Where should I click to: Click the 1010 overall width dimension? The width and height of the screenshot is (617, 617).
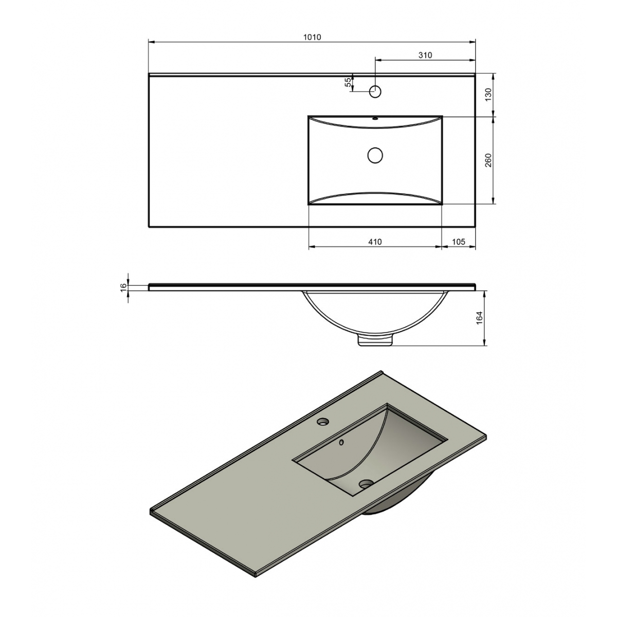tap(312, 37)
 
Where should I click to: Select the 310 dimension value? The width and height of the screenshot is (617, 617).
tap(425, 55)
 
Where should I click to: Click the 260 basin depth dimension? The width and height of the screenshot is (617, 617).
tap(488, 160)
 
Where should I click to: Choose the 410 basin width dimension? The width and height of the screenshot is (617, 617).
tap(375, 242)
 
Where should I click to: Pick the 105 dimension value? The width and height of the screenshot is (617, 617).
tap(459, 242)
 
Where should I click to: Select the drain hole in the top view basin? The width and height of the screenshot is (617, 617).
tap(375, 155)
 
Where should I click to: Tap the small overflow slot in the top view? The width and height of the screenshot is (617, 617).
tap(375, 118)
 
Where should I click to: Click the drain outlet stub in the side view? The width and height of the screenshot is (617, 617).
tap(375, 340)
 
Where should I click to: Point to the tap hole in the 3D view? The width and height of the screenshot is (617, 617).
tap(323, 422)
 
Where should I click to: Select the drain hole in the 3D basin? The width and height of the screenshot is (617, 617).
tap(366, 484)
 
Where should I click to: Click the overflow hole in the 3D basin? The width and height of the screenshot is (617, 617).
tap(341, 442)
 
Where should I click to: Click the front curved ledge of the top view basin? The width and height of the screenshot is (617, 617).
tap(375, 197)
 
